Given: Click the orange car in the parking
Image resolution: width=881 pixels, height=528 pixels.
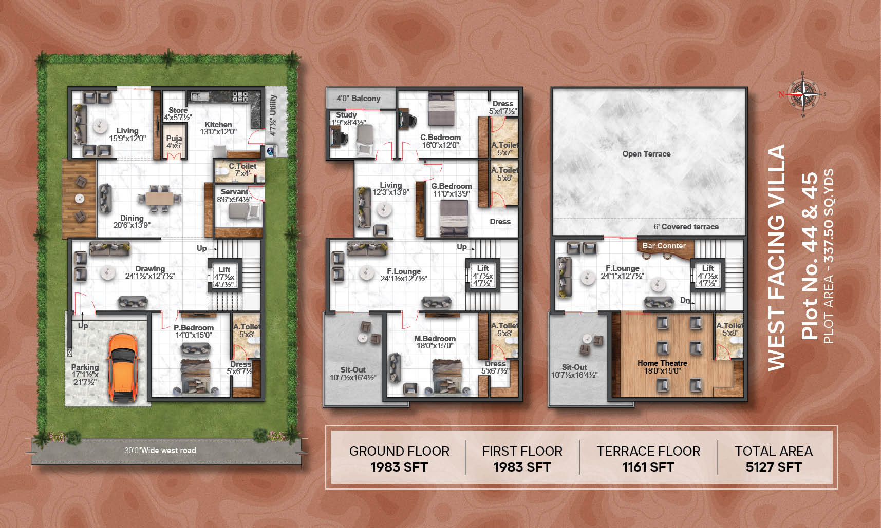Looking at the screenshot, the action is [123, 368].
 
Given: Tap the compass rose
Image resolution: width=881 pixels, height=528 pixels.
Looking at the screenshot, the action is [803, 94].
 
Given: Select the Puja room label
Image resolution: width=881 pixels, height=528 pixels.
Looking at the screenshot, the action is [174, 139].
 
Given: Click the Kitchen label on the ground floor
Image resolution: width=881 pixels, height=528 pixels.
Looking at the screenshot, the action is [218, 125].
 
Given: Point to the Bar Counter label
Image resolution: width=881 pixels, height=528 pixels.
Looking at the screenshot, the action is [664, 246].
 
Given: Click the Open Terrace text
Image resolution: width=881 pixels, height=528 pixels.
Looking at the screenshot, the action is [646, 154].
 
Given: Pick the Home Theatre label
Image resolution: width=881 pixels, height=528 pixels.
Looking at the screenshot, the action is [662, 363].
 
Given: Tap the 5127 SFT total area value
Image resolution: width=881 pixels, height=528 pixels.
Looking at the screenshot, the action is [774, 467].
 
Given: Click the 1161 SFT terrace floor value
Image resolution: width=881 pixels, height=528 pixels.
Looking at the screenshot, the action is [648, 467].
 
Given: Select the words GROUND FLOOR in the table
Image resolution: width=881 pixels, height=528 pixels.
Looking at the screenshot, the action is [399, 451].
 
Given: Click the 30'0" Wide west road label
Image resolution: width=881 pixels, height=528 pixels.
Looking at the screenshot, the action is [160, 451].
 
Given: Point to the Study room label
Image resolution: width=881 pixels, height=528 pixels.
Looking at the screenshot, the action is [346, 115].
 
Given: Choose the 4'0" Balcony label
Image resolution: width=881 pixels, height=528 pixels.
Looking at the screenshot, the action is [359, 99].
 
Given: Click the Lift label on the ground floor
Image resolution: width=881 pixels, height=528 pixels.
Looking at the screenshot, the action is [224, 270].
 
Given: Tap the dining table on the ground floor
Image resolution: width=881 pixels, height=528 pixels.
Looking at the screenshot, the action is [159, 198].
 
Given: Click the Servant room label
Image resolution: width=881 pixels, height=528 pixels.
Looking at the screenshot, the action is [234, 192].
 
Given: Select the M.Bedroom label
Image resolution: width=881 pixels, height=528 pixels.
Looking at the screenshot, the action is [435, 339].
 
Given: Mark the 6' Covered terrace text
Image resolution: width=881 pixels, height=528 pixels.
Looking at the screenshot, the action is [686, 227].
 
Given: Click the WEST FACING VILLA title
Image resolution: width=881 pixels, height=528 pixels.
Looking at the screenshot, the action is [776, 257].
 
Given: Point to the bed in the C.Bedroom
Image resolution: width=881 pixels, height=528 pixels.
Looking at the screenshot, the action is [441, 109].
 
